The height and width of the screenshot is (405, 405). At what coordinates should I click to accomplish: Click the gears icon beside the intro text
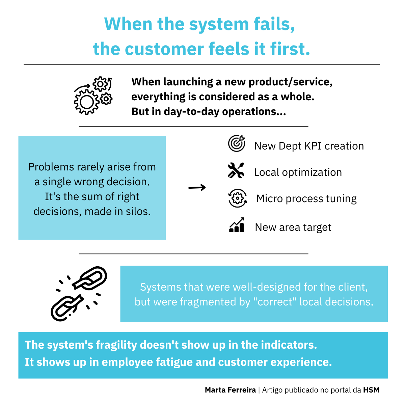coord(93,96)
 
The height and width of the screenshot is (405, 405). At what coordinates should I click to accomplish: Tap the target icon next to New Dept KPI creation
coord(237,144)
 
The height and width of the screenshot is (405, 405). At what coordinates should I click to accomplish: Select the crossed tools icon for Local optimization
coord(236,170)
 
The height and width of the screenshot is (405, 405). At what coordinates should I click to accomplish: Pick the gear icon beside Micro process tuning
coord(238,198)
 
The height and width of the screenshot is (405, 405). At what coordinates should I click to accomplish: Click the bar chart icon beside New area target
coord(237,225)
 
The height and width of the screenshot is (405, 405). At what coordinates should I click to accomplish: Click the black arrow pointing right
coord(197,188)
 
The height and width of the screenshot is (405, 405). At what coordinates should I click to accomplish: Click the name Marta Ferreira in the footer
coord(230,390)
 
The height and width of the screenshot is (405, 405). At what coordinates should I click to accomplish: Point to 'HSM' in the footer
coord(371,390)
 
